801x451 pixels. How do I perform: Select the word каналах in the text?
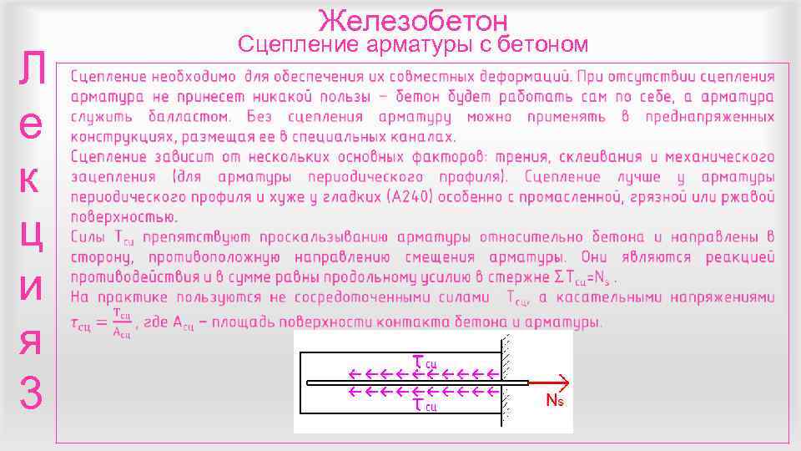[420, 136]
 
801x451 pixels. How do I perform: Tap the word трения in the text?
[521, 156]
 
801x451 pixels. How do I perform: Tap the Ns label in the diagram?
[555, 400]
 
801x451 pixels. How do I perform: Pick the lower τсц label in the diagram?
[425, 405]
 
